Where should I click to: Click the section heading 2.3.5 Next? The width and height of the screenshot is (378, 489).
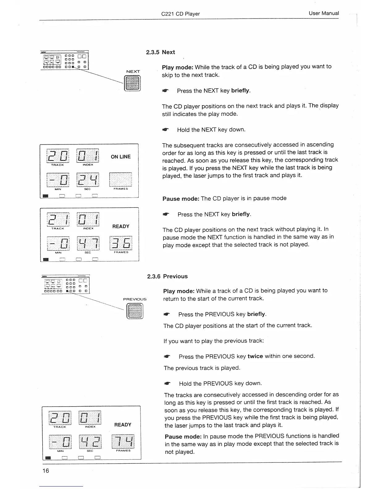[x=160, y=52]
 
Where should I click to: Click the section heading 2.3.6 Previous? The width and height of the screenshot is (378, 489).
[x=167, y=276]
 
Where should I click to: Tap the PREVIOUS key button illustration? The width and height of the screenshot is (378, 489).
[x=135, y=311]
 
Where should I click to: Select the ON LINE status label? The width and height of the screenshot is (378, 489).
[x=120, y=157]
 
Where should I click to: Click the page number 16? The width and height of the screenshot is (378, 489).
[x=46, y=470]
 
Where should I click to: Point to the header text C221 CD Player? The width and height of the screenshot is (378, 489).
[x=180, y=14]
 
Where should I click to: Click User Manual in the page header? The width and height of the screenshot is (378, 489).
[x=323, y=13]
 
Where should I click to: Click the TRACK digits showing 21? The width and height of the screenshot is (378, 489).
[x=58, y=219]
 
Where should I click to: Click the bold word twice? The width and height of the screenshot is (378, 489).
[x=255, y=356]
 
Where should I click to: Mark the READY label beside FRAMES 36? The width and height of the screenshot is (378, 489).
[x=121, y=226]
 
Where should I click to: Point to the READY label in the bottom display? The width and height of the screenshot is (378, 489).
[x=123, y=425]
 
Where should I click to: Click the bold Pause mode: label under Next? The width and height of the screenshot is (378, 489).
[x=181, y=199]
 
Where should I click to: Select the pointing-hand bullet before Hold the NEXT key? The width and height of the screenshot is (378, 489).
[x=166, y=130]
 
